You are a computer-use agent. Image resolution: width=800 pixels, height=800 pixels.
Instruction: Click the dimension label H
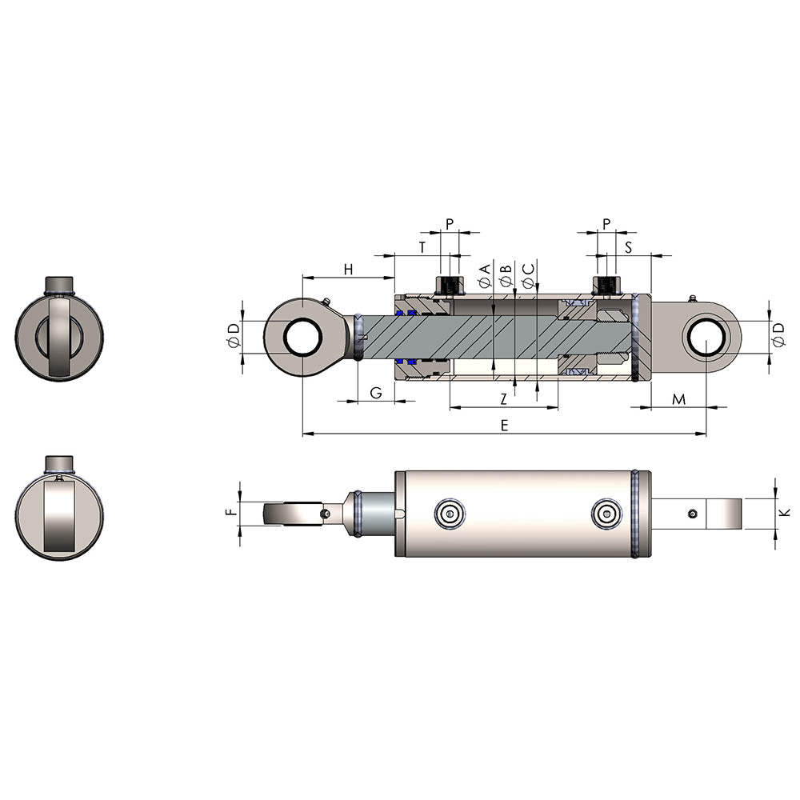point(348,269)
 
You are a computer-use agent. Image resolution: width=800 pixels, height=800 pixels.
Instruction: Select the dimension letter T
point(422,247)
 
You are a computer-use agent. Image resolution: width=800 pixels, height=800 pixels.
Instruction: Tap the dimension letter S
point(629,247)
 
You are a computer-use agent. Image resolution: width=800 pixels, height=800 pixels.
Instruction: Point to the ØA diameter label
point(484,275)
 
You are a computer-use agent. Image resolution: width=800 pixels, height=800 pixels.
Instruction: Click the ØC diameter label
point(528,275)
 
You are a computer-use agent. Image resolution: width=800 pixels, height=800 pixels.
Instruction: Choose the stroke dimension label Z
point(503,398)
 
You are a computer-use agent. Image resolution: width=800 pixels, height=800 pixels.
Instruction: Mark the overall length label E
point(504,426)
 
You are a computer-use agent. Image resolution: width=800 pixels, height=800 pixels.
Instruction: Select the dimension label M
point(678,398)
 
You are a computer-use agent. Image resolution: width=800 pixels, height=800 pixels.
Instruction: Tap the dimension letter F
point(231,514)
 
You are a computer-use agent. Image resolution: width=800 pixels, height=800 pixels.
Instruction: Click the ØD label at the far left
point(233,336)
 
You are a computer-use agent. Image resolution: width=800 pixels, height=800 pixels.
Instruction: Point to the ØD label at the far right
point(778,336)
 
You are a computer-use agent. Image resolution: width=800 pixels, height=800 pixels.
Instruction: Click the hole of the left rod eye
point(303,337)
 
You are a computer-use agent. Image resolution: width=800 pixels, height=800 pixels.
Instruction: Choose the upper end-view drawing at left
point(59,329)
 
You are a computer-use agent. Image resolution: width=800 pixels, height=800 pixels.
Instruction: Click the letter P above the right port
point(606,223)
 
